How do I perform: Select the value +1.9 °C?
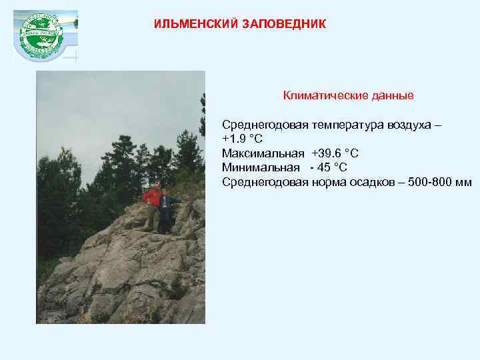242,139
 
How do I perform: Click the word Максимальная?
262,153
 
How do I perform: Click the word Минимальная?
261,167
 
